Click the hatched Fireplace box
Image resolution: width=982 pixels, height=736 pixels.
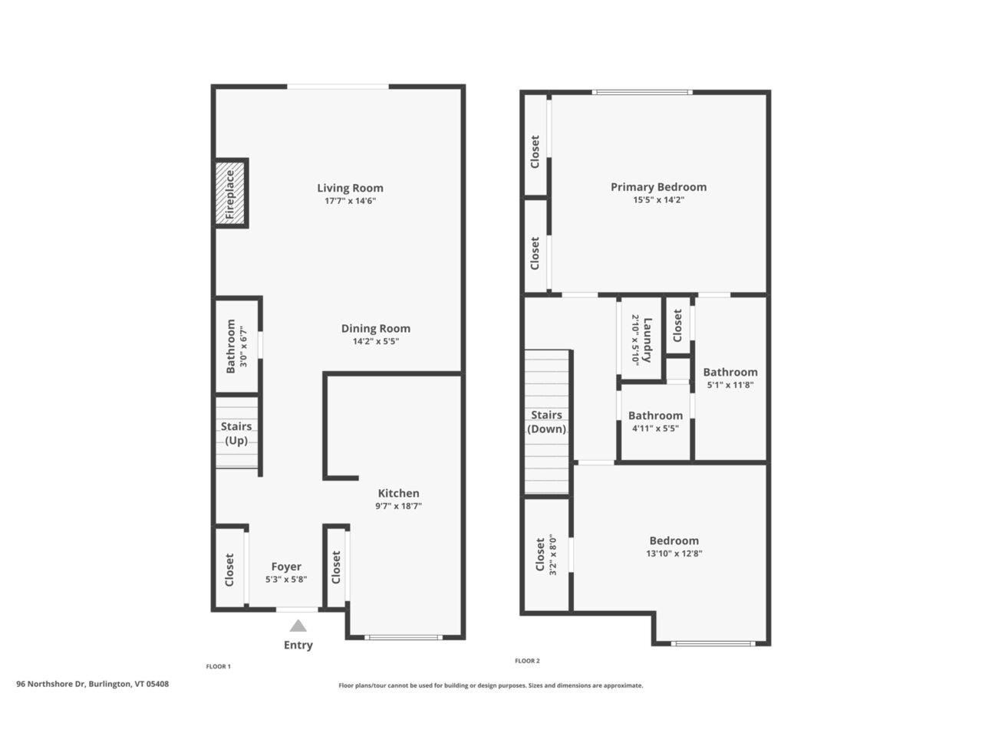pos(230,193)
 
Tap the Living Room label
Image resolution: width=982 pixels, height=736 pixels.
pos(350,188)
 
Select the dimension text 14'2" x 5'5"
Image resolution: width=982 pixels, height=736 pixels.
pos(375,341)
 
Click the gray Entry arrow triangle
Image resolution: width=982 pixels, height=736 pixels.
pos(298,626)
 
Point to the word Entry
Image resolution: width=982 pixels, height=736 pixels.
pos(298,645)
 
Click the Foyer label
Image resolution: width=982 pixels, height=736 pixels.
pos(286,567)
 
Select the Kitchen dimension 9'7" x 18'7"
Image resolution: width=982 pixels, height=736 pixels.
pos(398,506)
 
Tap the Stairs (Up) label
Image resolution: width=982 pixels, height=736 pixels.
pos(236,433)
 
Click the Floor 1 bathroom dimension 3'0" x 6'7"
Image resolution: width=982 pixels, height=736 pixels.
pos(243,347)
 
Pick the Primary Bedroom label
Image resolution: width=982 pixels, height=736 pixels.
pos(658,187)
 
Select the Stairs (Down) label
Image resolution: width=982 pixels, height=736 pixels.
pos(546,422)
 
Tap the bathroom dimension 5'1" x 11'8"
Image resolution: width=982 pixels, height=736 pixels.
pos(730,385)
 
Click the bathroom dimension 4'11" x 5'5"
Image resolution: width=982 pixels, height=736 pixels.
pos(655,428)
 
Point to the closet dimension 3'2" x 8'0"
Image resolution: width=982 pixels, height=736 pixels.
pos(552,554)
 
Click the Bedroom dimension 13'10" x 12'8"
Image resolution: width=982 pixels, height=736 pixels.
pos(674,554)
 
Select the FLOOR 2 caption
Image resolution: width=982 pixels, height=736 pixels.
pos(527,660)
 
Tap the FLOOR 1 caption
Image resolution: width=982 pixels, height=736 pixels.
pos(219,666)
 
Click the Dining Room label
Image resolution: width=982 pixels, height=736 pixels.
pos(375,328)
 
